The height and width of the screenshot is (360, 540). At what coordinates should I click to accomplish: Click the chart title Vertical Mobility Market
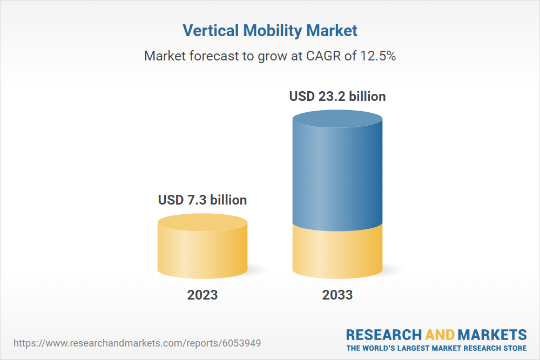tap(270, 31)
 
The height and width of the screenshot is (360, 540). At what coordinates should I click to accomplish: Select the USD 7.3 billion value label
tap(202, 200)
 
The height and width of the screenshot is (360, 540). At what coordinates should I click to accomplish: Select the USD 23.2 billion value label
tap(337, 97)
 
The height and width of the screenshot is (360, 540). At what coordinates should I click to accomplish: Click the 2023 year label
tap(202, 295)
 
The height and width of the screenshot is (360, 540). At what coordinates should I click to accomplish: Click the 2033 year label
tap(337, 295)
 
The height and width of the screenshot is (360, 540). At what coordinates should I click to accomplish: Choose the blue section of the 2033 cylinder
tap(337, 173)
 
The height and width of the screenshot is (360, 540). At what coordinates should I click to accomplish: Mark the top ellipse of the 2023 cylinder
tap(202, 222)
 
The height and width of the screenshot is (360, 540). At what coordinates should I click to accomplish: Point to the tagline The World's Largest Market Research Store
tap(436, 348)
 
